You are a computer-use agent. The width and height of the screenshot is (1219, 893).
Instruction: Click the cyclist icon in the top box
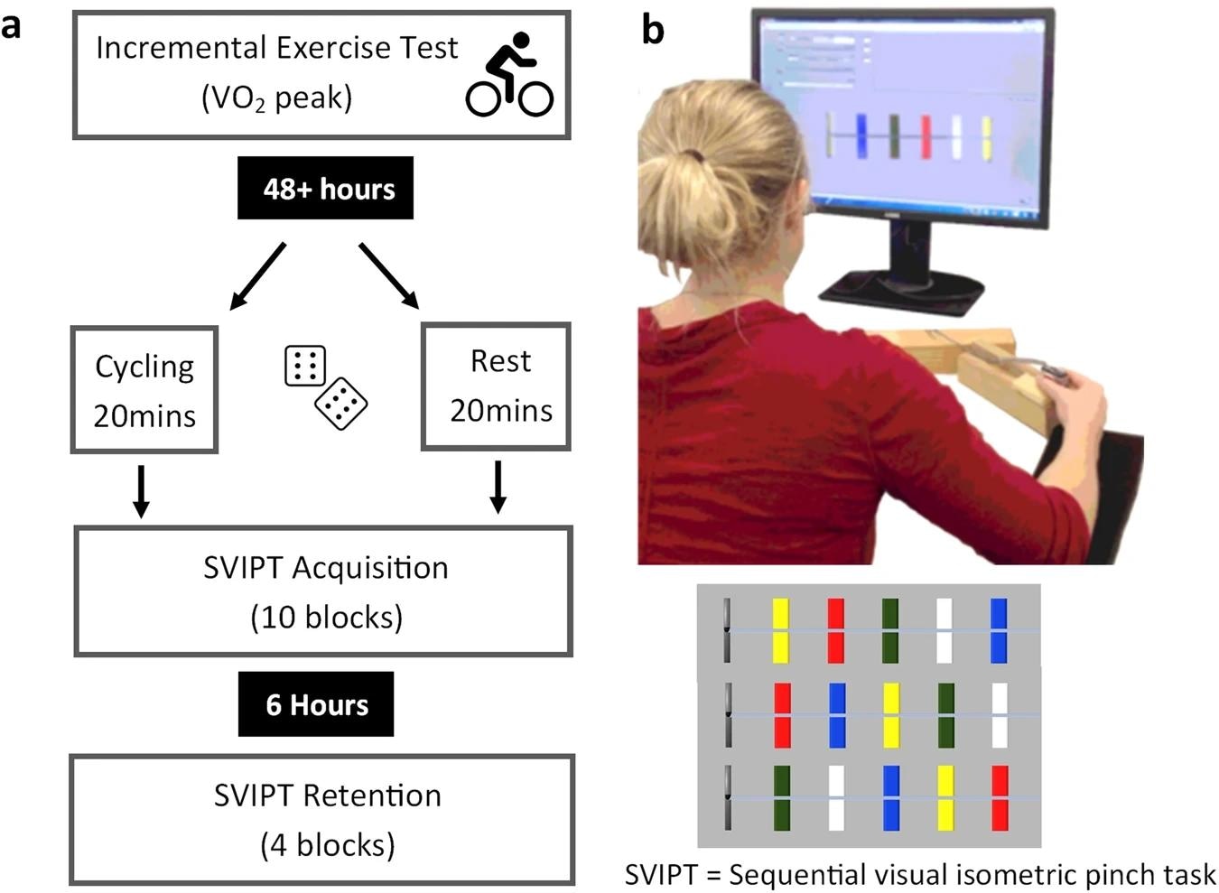tap(509, 75)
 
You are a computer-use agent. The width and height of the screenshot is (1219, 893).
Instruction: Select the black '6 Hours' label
tap(316, 704)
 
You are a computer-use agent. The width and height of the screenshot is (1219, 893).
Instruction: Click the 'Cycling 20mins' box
tap(144, 390)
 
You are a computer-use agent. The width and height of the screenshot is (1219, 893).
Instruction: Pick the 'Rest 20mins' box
tap(497, 386)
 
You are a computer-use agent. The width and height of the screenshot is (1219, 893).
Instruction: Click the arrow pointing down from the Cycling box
tap(141, 492)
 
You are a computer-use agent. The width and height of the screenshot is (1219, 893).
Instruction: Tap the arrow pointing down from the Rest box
tap(497, 488)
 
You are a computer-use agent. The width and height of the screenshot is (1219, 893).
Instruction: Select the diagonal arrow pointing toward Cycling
tap(257, 276)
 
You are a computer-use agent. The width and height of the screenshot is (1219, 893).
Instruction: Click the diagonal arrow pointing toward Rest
tap(389, 276)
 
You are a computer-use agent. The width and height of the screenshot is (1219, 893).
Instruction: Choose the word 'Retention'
tap(371, 795)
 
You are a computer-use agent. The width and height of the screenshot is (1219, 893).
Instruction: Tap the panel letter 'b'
tap(652, 31)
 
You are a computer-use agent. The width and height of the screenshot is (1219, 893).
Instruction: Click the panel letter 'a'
tap(11, 25)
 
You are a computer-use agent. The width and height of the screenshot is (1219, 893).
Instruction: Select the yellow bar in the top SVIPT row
tap(781, 630)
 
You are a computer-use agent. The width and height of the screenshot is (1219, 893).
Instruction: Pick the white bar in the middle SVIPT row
tap(1000, 714)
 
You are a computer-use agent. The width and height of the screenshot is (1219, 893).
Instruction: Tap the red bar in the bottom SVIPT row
tap(1000, 798)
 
